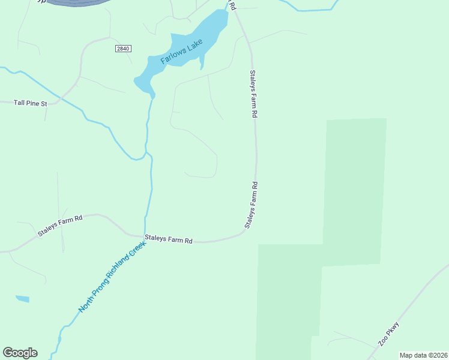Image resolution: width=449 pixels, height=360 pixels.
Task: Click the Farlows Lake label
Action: pyautogui.click(x=182, y=53)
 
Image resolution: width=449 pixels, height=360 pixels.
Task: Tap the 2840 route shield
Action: pyautogui.click(x=122, y=49)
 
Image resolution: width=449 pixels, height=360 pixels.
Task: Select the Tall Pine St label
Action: pyautogui.click(x=30, y=103)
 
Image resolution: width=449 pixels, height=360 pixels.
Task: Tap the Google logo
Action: pyautogui.click(x=20, y=353)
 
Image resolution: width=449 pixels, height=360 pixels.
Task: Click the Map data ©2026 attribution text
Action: pyautogui.click(x=423, y=355)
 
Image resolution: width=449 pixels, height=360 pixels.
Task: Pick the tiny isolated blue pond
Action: pyautogui.click(x=22, y=299)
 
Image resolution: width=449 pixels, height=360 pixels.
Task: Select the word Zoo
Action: pyautogui.click(x=382, y=341)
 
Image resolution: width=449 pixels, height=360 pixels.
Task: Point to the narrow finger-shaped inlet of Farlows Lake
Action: pyautogui.click(x=202, y=62)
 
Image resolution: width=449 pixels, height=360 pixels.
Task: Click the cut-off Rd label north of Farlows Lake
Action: pyautogui.click(x=233, y=5)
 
